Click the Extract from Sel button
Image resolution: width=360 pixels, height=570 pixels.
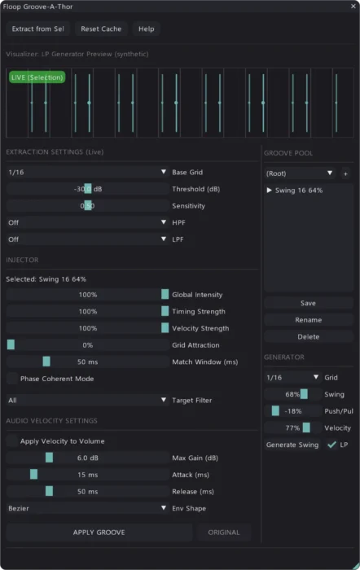tap(37, 28)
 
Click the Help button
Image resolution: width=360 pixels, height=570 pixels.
tap(146, 28)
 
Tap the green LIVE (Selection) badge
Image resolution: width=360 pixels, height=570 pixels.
tap(37, 77)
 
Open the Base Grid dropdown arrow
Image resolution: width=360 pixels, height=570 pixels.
tap(164, 172)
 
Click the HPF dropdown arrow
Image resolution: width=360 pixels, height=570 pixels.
tap(164, 221)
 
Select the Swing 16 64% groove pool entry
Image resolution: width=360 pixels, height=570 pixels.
tap(299, 190)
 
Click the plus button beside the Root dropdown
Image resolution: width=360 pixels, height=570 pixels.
tap(345, 173)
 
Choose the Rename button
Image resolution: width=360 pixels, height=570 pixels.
tap(309, 320)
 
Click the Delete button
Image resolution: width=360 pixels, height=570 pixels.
tap(309, 336)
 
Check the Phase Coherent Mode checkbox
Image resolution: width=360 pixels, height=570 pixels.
tap(12, 379)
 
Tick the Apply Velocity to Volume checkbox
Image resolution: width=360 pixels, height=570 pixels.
tap(12, 441)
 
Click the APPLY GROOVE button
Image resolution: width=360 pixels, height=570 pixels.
tap(99, 533)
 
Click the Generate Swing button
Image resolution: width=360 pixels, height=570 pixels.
tap(292, 445)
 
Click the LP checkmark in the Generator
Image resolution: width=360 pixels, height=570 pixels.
tap(331, 445)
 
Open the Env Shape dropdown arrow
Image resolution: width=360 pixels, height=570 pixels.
tap(164, 507)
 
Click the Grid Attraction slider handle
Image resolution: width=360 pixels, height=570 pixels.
tap(11, 344)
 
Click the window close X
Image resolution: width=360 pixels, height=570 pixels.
tap(353, 7)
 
